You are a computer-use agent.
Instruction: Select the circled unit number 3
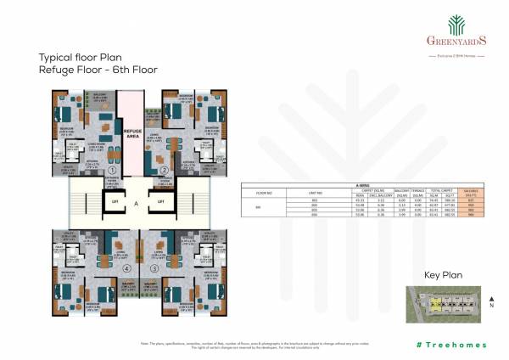(154, 269)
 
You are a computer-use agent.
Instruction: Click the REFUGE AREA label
(132, 133)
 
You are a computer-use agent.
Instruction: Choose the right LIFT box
(159, 200)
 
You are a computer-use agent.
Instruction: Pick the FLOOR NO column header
(262, 190)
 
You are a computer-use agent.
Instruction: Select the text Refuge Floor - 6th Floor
(98, 70)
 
